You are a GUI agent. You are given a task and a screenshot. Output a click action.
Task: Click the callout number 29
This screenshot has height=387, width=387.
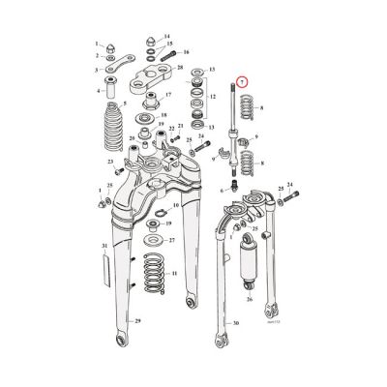coord(138,347)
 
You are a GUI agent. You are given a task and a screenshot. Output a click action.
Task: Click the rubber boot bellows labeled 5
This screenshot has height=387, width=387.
coord(108,137)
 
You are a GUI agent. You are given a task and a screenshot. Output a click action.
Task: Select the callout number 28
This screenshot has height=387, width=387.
coord(180,67)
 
